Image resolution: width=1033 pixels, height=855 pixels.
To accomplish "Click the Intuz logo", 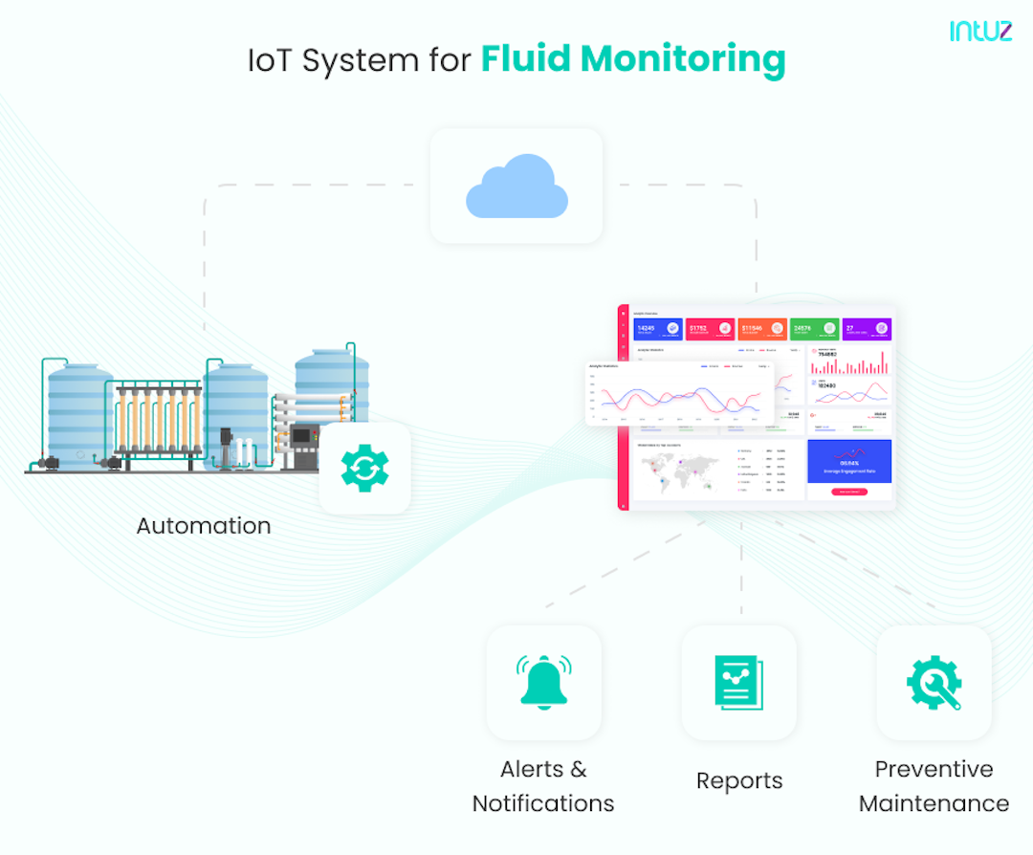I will (x=980, y=31).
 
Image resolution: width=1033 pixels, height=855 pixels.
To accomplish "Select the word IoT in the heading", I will (x=270, y=60).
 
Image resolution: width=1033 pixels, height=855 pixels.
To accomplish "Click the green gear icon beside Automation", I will (x=364, y=469).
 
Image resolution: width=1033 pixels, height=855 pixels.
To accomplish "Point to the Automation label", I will (x=203, y=526).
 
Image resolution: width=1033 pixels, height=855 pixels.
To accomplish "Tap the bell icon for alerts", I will (x=543, y=681).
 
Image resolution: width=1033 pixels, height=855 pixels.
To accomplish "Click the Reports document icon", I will (x=738, y=682).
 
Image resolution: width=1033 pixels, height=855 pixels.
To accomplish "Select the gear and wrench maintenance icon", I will (x=934, y=682).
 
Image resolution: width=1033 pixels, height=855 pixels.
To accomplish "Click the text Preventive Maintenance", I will (x=934, y=786).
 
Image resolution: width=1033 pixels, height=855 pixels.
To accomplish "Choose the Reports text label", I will (x=738, y=781).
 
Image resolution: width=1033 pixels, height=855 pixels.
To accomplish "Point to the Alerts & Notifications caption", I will (x=543, y=786).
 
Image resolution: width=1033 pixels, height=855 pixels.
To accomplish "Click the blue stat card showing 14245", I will (x=658, y=330).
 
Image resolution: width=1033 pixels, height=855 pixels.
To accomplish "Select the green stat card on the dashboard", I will (x=814, y=330).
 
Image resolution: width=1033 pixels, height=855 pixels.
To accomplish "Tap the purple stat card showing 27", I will (x=866, y=330).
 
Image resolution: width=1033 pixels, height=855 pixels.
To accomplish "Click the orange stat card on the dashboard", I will (x=762, y=330).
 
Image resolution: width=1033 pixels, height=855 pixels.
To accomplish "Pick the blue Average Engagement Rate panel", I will (x=849, y=462).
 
